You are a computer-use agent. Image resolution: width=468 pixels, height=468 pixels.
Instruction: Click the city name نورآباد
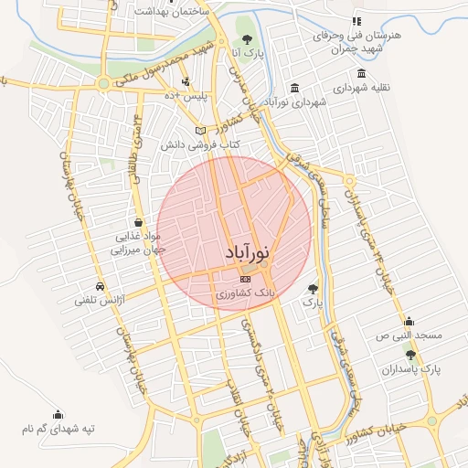(246, 254)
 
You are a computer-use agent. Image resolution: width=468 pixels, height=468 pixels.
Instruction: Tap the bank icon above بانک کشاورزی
(244, 279)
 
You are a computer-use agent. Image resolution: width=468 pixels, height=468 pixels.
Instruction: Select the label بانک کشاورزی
(244, 294)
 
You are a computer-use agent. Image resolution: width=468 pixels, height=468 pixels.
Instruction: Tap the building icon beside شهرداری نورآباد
(293, 88)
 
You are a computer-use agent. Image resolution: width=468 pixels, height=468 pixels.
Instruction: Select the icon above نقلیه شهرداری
(362, 74)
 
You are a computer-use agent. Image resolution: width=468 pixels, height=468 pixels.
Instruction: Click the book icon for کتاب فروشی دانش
(200, 131)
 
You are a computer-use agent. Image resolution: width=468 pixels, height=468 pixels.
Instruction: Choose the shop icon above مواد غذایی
(138, 222)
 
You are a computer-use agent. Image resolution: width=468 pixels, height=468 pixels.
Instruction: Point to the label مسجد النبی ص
(411, 335)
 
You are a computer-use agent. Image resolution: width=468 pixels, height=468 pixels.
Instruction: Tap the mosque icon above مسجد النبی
(409, 321)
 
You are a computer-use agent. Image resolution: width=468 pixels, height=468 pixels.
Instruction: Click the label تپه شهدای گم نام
(59, 428)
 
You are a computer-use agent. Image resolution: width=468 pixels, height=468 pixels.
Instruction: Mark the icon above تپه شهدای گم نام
(59, 413)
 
